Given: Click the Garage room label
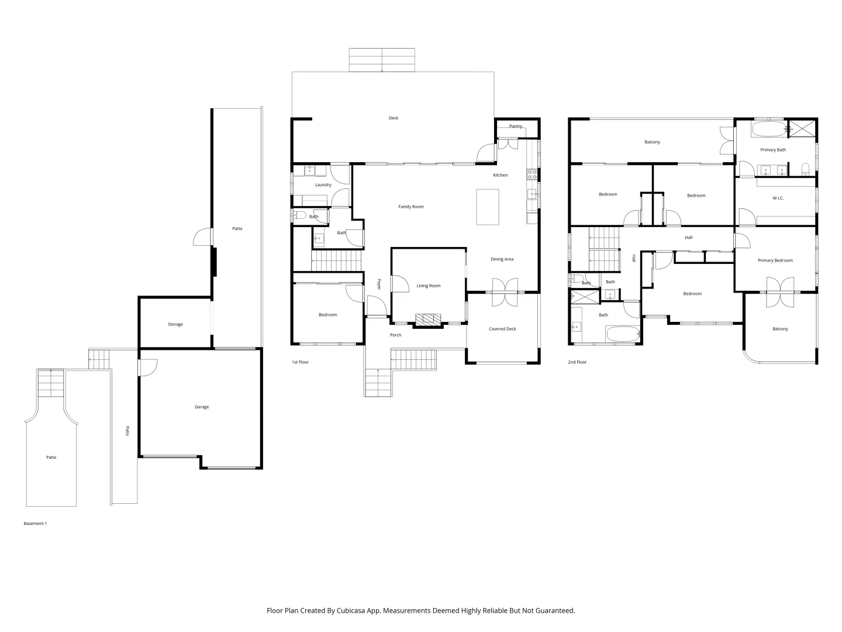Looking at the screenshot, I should [x=202, y=407].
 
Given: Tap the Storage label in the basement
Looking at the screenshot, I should [x=175, y=324].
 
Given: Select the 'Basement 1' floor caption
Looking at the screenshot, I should [x=35, y=523].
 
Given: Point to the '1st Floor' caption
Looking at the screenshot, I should [x=300, y=362].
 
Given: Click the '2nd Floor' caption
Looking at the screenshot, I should [x=577, y=362].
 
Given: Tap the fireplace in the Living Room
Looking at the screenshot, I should [x=429, y=320].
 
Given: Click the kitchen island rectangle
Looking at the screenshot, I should [x=488, y=207].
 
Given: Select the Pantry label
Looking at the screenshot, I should [x=516, y=126].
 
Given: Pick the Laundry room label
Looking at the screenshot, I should [x=323, y=185].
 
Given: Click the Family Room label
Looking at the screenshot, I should [x=411, y=207].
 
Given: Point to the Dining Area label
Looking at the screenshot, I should [x=502, y=259].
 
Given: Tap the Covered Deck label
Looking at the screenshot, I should [x=503, y=329].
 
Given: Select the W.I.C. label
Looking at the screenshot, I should [x=778, y=198].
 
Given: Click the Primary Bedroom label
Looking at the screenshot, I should [x=775, y=260].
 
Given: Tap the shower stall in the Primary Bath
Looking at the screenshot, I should [x=798, y=129].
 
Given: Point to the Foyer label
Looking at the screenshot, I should [x=379, y=284].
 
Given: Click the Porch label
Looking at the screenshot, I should [x=396, y=335].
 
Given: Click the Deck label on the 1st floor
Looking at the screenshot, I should [x=394, y=118].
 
